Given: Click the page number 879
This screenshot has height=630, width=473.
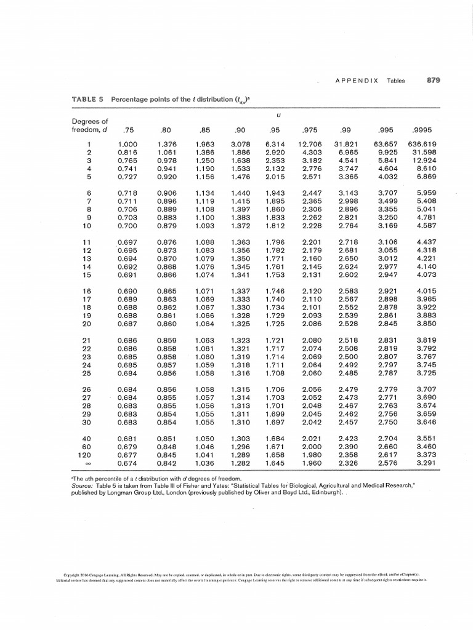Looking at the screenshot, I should click(x=434, y=80).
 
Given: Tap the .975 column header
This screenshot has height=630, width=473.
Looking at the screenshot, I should click(x=310, y=130).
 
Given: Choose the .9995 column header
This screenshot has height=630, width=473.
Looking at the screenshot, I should click(x=424, y=130).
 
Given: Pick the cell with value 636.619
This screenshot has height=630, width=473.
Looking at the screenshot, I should click(x=424, y=145).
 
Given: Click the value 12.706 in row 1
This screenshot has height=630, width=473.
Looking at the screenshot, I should click(x=310, y=145).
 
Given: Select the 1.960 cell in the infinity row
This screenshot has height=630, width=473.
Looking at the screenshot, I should click(x=310, y=462).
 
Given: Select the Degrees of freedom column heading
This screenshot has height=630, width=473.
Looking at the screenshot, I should click(x=90, y=125).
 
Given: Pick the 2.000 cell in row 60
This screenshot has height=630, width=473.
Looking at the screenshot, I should click(x=310, y=447).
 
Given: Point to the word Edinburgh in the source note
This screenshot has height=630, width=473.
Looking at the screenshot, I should click(x=318, y=493).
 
